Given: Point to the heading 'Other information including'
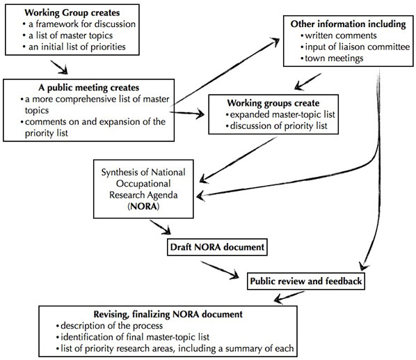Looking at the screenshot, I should pyautogui.click(x=348, y=24).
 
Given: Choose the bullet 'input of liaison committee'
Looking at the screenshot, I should pyautogui.click(x=351, y=47).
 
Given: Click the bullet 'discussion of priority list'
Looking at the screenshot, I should pyautogui.click(x=275, y=126).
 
